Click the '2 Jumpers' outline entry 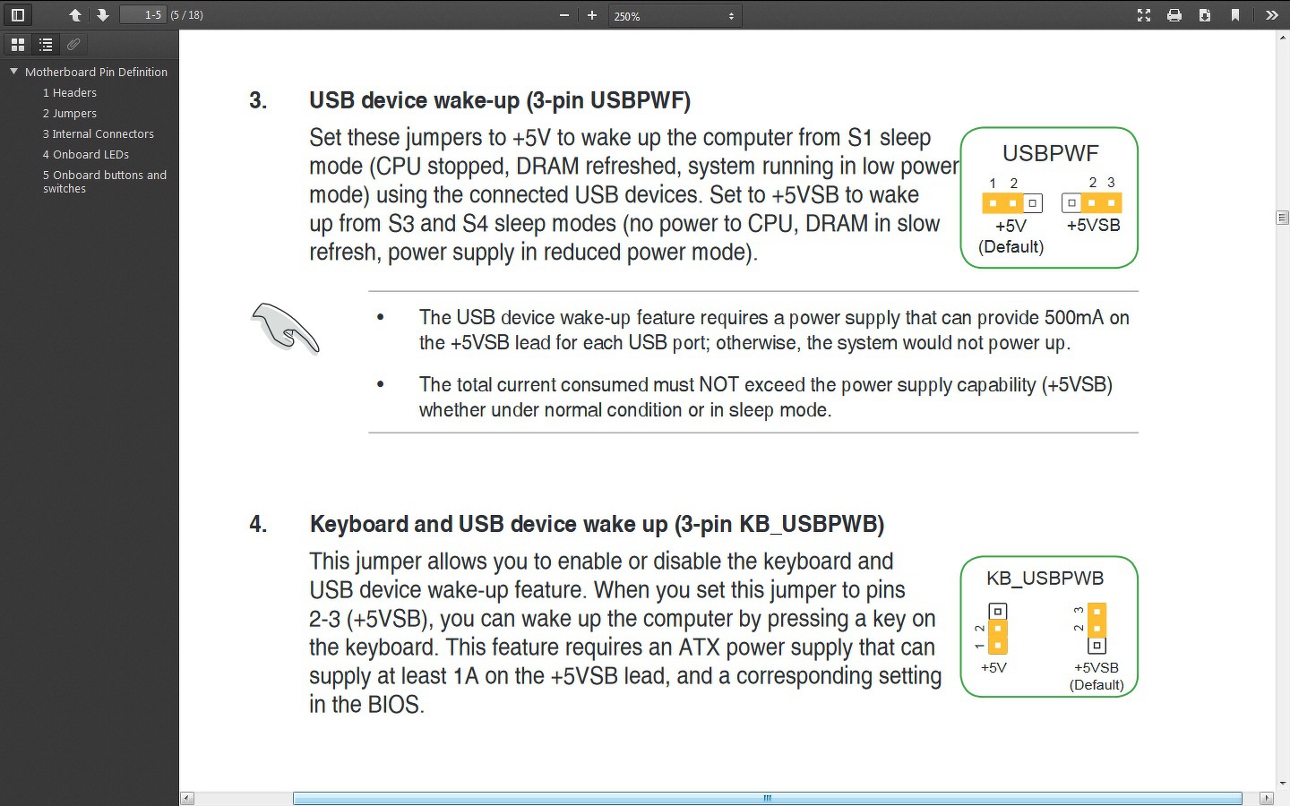[69, 114]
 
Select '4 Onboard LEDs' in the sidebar [86, 155]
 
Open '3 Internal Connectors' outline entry [98, 134]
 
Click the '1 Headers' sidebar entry [69, 93]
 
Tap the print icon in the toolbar [1174, 15]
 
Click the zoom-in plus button [592, 15]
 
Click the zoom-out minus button [564, 15]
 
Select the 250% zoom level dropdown [675, 16]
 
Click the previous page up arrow [75, 15]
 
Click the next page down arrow [102, 15]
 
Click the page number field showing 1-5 [142, 15]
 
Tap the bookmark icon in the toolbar [1235, 15]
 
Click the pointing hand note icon [285, 328]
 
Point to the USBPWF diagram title [1051, 154]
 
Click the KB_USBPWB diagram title [1045, 578]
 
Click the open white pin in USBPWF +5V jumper [1033, 203]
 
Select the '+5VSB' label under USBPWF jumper [1093, 226]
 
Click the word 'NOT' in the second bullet [718, 384]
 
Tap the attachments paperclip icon [73, 45]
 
